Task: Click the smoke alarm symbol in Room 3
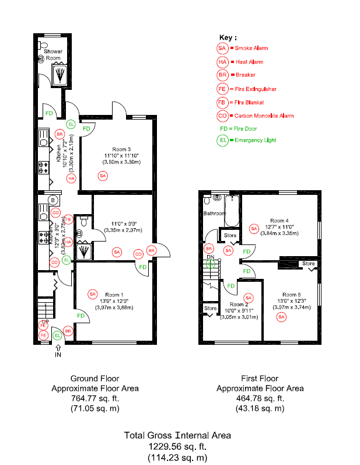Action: click(x=103, y=176)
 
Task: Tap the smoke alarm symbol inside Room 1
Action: click(x=92, y=295)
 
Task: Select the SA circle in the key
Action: click(x=222, y=48)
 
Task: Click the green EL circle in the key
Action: click(x=222, y=140)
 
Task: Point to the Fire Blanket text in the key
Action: click(x=247, y=103)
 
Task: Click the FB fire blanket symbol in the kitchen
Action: click(x=68, y=219)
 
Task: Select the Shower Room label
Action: click(x=53, y=55)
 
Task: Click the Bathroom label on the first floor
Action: click(x=215, y=214)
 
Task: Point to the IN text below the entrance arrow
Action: click(x=58, y=354)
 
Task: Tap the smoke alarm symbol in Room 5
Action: click(x=282, y=317)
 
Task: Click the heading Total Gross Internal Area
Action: click(x=177, y=435)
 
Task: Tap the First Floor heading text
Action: click(x=260, y=378)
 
